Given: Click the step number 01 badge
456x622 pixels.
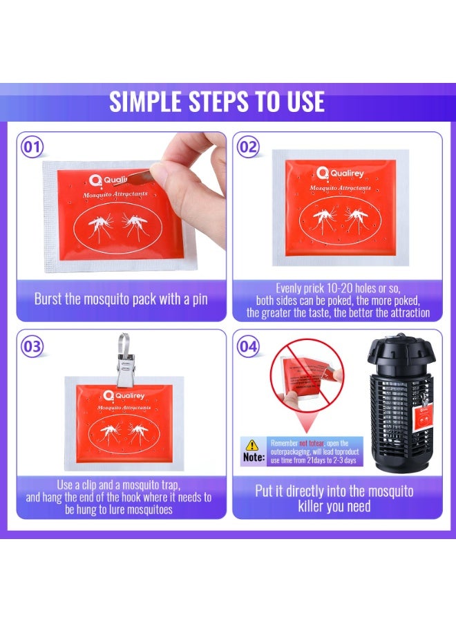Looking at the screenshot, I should click(32, 147).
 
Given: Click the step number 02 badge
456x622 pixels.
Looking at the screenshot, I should click(249, 147).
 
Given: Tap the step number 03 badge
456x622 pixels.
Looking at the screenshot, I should click(32, 346).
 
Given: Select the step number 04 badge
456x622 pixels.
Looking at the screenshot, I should click(249, 346).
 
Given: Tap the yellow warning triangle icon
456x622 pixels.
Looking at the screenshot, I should click(253, 445).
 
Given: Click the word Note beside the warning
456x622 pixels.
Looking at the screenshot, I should click(253, 458).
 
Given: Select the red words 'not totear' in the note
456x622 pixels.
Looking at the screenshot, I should click(314, 443).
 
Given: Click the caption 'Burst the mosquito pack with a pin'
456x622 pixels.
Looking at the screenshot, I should click(122, 299).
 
